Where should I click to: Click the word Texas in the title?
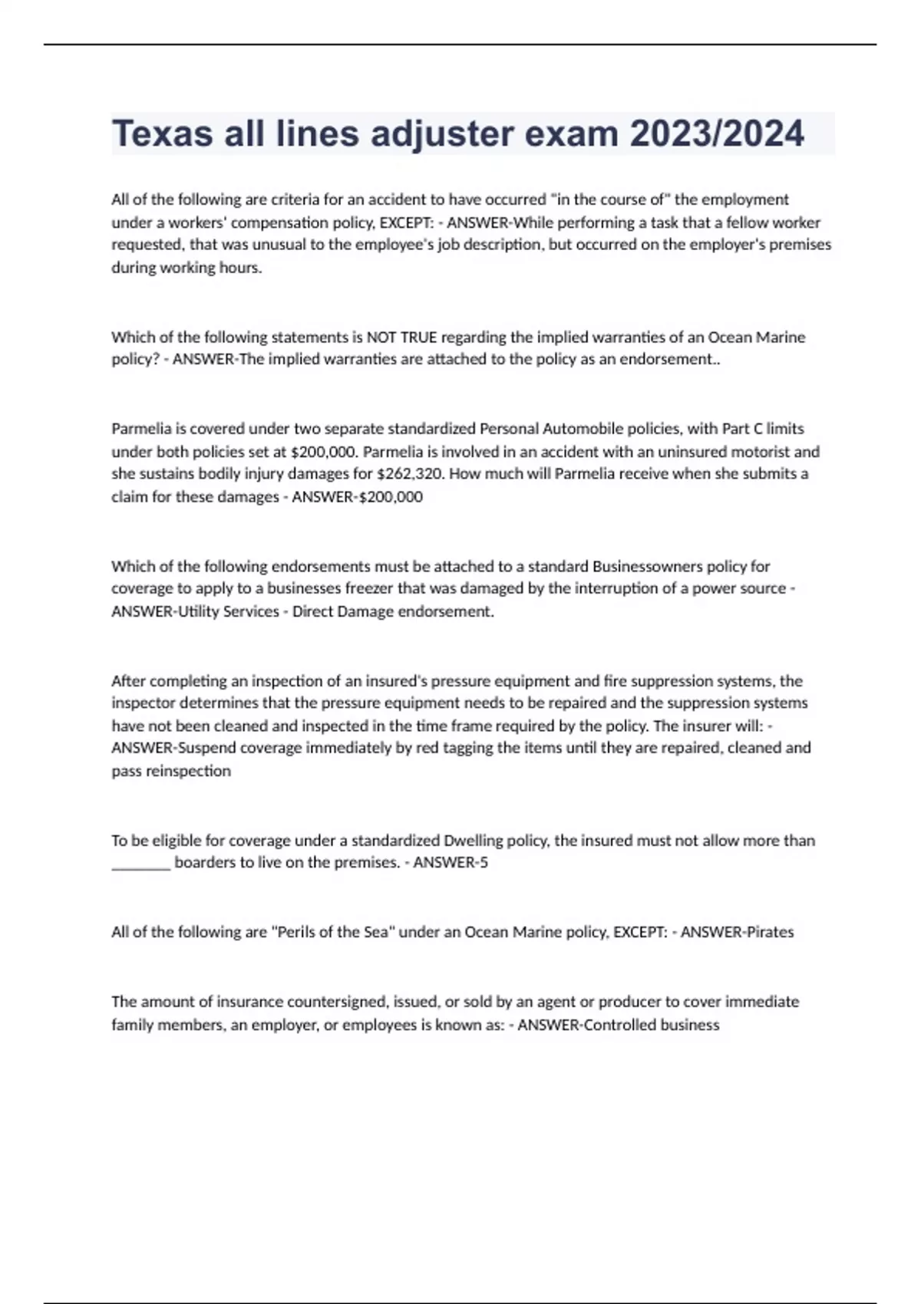pos(162,134)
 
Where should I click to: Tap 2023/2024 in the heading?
pos(717,134)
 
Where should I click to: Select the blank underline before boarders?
pos(140,864)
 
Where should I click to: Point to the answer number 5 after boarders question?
pos(484,862)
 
